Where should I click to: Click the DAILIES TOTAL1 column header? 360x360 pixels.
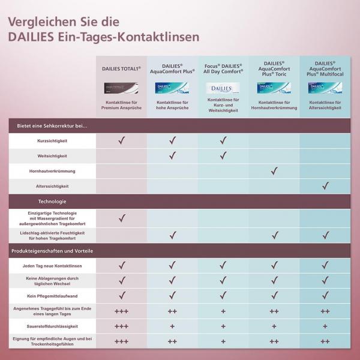(x=121, y=69)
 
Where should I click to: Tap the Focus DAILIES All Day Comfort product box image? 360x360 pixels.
(x=223, y=88)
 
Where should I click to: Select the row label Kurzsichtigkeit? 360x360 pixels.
(x=52, y=141)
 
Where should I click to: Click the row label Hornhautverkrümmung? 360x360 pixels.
(x=52, y=172)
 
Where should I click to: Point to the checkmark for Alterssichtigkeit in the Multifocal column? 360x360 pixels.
(x=325, y=187)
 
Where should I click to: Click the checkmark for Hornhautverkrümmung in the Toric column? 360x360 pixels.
(x=274, y=172)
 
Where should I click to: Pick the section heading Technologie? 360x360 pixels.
(x=52, y=202)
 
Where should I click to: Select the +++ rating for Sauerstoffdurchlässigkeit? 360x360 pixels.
(x=121, y=326)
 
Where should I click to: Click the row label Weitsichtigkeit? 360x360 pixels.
(x=52, y=156)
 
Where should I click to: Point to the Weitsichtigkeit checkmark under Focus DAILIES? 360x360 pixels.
(x=223, y=156)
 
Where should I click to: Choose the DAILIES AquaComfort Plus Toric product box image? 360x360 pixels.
(x=274, y=88)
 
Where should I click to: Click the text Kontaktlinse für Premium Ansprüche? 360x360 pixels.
(x=121, y=105)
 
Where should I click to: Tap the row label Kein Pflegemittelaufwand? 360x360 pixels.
(x=52, y=296)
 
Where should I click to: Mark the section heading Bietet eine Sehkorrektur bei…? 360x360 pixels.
(x=50, y=126)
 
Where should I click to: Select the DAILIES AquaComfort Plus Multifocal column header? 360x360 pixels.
(x=325, y=68)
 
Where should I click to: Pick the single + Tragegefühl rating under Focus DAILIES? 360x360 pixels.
(x=223, y=311)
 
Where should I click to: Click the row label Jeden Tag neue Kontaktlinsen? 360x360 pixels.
(x=52, y=265)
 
